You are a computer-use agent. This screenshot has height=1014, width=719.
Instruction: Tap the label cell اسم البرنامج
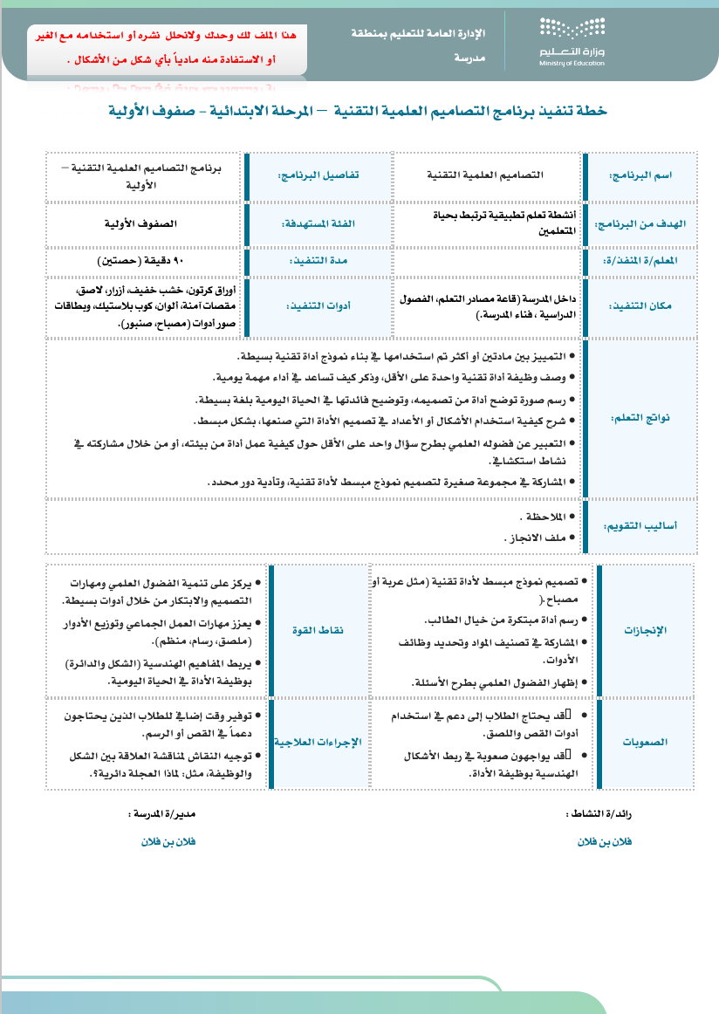651,175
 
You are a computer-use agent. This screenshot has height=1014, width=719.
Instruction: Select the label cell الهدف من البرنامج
651,223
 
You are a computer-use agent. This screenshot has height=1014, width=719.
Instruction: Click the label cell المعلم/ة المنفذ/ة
651,260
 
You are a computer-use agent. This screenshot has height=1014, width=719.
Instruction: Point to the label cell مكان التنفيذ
651,307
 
